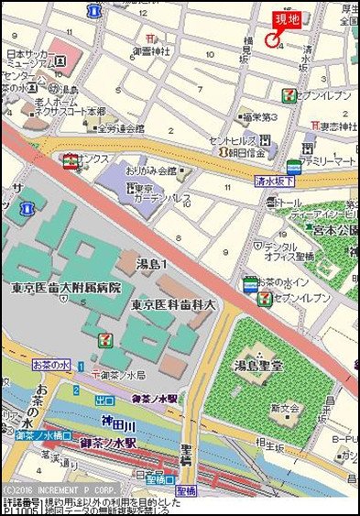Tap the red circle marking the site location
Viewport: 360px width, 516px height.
271,39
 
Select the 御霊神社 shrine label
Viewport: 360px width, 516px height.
152,52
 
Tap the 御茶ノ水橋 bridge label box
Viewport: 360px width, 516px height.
44,434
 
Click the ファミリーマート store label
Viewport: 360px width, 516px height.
332,160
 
